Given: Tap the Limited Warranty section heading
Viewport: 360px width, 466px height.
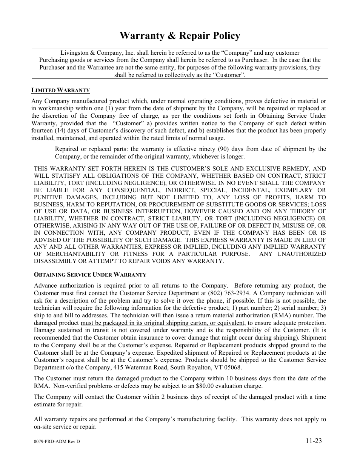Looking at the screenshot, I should (60, 90).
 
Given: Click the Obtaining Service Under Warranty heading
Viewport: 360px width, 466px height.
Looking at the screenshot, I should (90, 275).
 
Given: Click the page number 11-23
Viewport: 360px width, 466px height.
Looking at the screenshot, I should (314, 441).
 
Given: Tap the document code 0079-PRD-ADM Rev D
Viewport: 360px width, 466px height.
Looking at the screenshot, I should (57, 441).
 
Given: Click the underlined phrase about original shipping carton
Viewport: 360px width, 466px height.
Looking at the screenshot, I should (163, 323).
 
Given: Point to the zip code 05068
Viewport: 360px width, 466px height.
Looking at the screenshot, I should (233, 368).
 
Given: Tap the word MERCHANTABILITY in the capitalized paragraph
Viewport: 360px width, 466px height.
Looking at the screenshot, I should (76, 254).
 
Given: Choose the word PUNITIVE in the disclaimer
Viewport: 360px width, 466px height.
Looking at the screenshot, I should (48, 197).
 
